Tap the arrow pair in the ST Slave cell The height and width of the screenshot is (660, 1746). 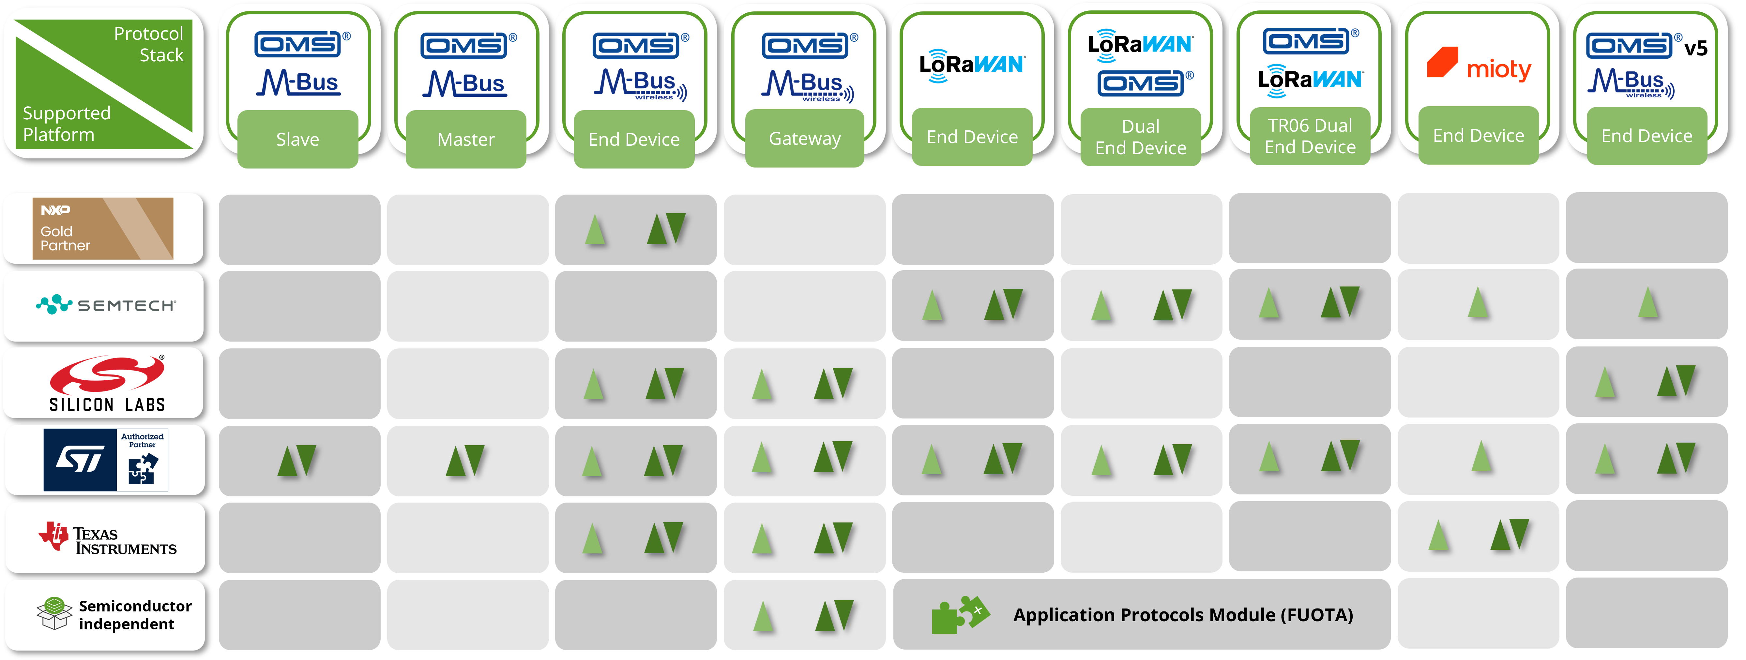[297, 461]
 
